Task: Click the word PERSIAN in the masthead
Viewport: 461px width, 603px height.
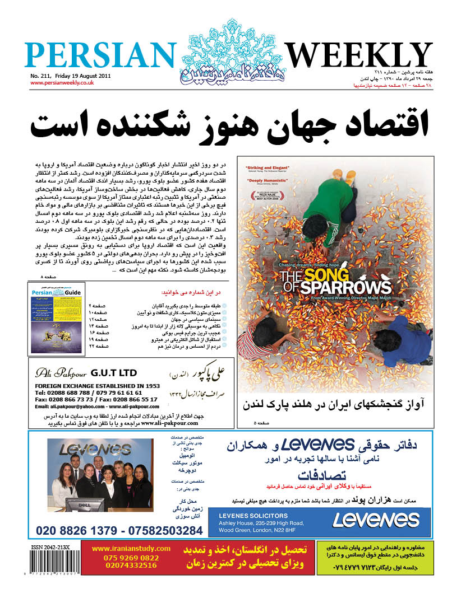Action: click(x=99, y=56)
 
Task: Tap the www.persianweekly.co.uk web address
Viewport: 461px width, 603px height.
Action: click(x=62, y=83)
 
